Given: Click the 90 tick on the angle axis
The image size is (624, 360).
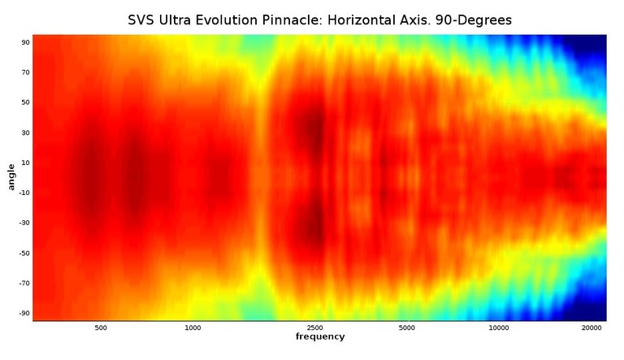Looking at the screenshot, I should click(25, 42).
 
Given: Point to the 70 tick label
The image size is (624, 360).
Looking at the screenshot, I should click(25, 72).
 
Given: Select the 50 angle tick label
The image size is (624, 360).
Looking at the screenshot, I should click(25, 102).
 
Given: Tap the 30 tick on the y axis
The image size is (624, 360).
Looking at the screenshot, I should click(25, 132).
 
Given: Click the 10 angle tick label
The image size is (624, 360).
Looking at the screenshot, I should click(25, 163).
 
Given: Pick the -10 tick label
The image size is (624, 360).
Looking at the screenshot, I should click(24, 193).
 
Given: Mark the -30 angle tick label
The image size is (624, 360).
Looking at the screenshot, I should click(24, 223).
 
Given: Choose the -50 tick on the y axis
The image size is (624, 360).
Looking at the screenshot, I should click(24, 253).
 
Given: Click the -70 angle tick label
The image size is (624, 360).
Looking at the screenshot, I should click(24, 283).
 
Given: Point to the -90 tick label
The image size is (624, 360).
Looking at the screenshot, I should click(24, 313).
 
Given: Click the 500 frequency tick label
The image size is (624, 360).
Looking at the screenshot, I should click(101, 328).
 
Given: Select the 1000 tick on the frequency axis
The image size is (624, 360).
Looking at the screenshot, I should click(193, 328).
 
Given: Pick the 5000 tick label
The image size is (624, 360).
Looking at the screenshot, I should click(407, 328).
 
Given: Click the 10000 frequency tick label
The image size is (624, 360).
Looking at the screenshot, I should click(499, 328).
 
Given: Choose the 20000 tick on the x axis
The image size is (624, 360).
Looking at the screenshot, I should click(591, 328).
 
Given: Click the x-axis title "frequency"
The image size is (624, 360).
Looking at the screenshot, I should click(320, 336).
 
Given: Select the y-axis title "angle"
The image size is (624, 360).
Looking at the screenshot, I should click(11, 177).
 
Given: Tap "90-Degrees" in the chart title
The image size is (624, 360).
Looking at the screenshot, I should click(468, 20).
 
